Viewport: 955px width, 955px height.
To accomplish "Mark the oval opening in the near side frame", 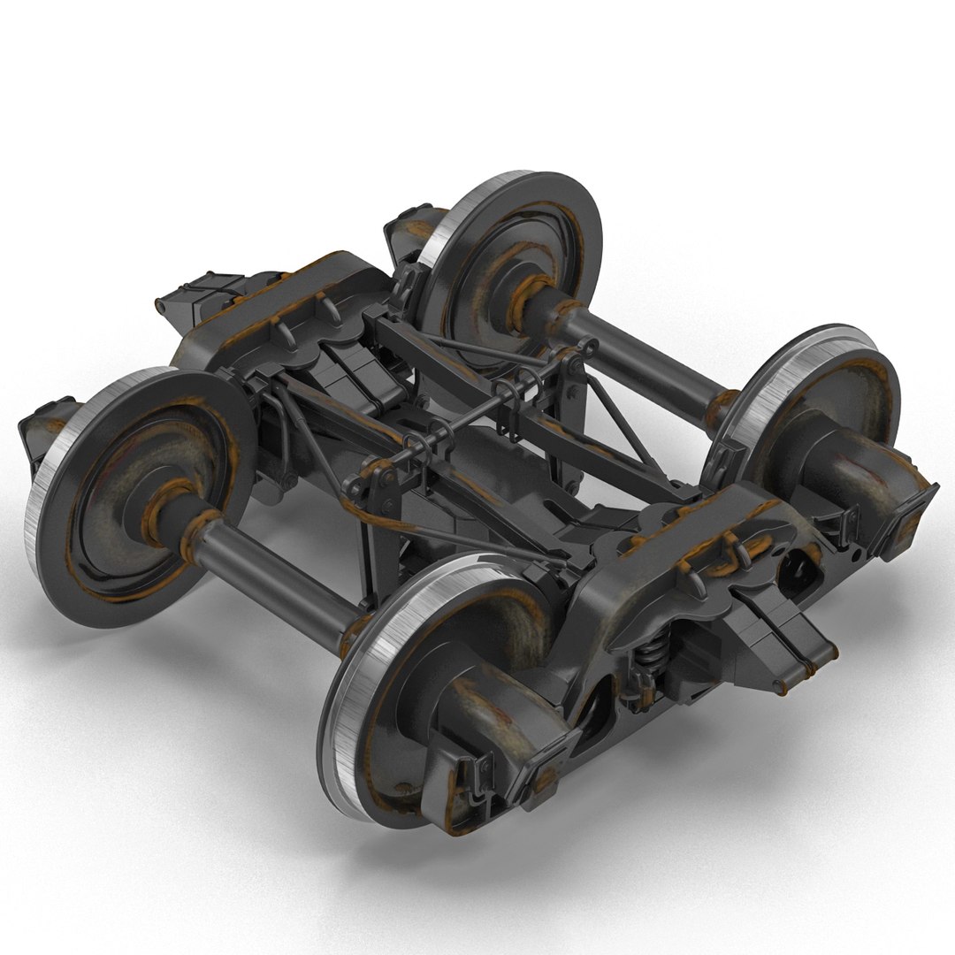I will click(x=801, y=566).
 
